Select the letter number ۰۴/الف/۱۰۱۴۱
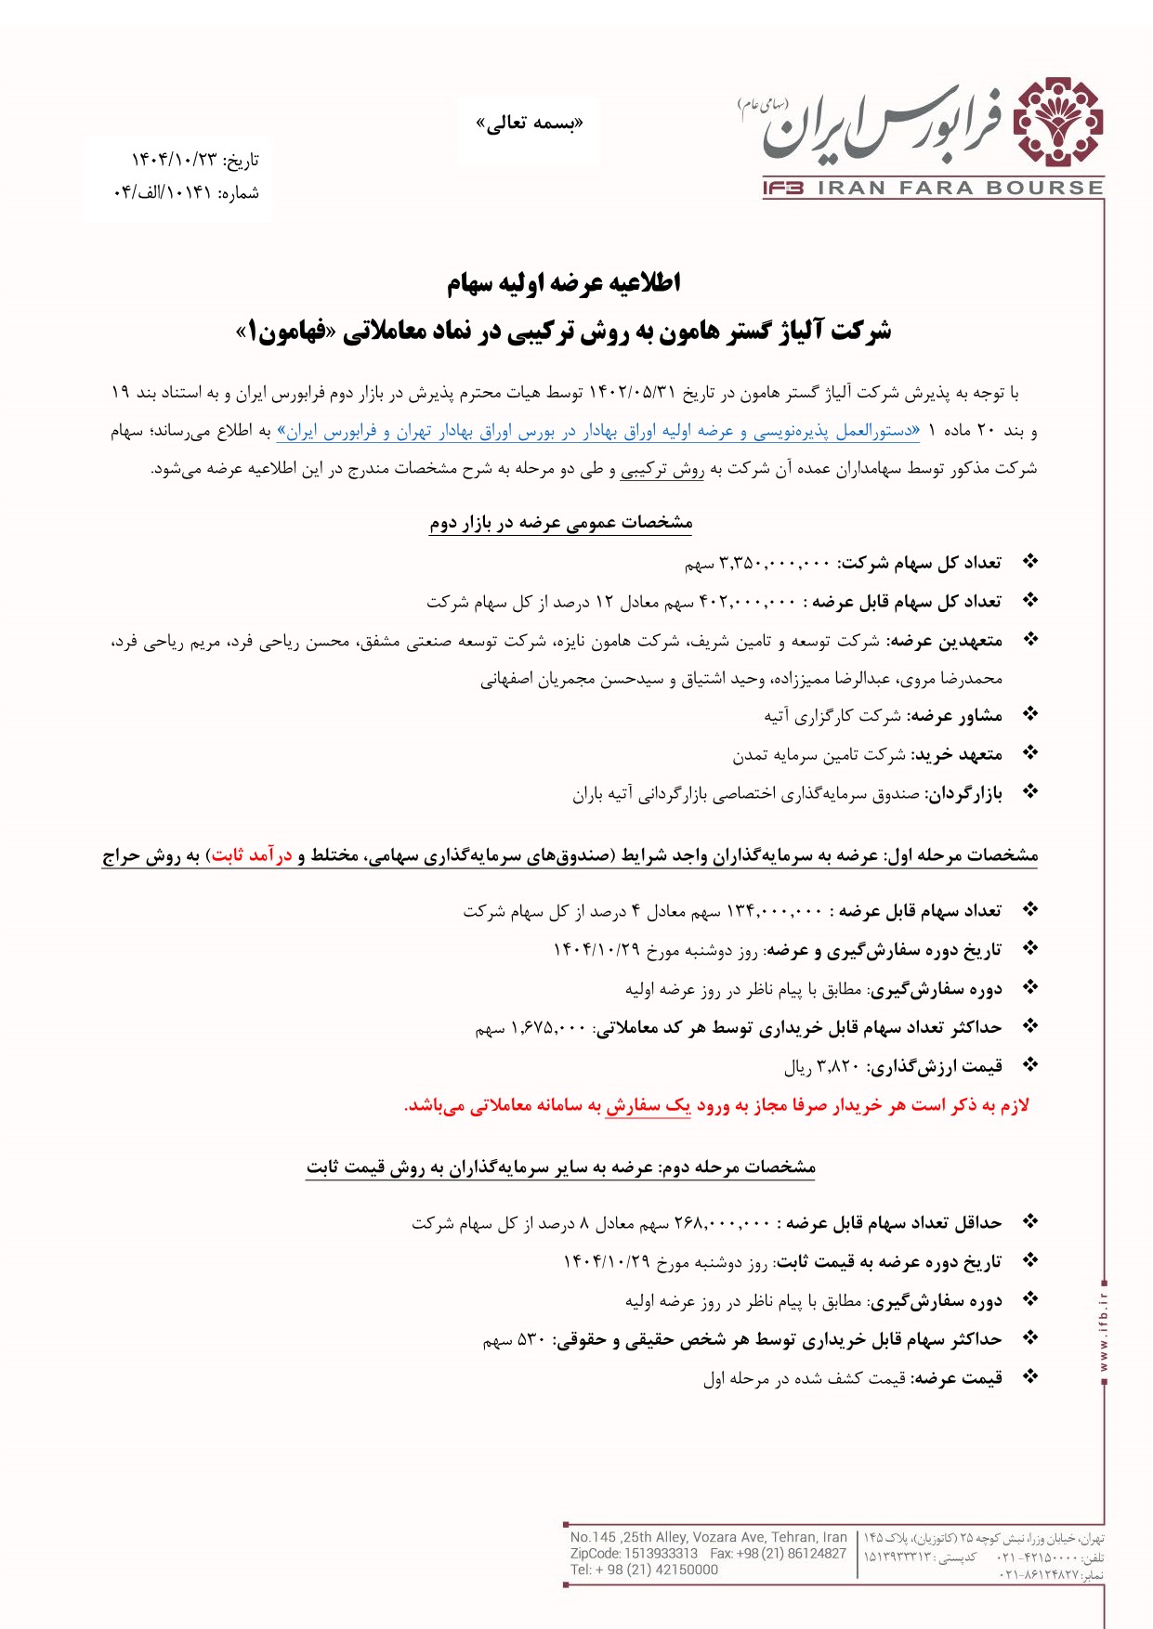coord(163,193)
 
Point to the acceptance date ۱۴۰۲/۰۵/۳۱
coord(631,394)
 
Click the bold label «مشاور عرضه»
coord(955,715)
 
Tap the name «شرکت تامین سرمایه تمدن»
coord(819,754)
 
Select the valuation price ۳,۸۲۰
coord(837,1066)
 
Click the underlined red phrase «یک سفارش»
coord(648,1105)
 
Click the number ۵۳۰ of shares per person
coord(531,1339)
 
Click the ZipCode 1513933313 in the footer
coord(661,1553)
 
